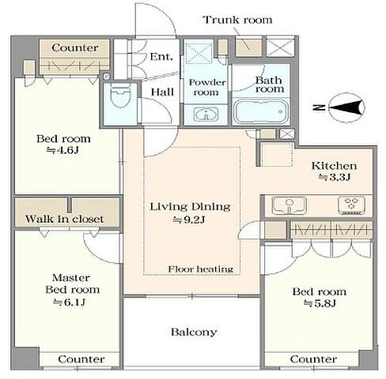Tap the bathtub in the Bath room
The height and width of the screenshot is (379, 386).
[261, 111]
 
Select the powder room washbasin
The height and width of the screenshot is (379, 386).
[206, 114]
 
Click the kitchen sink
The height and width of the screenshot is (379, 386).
[289, 205]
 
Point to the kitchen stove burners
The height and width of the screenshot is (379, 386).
[352, 205]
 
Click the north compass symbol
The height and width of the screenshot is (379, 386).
[346, 107]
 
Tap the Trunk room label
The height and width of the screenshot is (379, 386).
[237, 20]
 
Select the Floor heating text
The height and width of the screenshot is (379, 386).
[201, 269]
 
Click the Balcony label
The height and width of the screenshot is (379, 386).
[194, 332]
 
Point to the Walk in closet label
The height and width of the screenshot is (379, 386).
[65, 219]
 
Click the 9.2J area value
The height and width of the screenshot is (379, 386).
[189, 220]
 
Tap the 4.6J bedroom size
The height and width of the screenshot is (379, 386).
[62, 150]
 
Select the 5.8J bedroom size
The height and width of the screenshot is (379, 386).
[320, 304]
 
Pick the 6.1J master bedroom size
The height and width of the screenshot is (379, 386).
[69, 302]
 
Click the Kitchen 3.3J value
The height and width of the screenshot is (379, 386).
[334, 178]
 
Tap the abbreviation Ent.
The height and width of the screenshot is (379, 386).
[161, 57]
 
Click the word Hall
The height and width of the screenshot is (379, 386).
[162, 92]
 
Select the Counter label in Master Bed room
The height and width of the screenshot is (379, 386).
[81, 359]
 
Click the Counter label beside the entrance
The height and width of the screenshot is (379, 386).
[75, 48]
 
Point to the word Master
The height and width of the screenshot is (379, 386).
[71, 278]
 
